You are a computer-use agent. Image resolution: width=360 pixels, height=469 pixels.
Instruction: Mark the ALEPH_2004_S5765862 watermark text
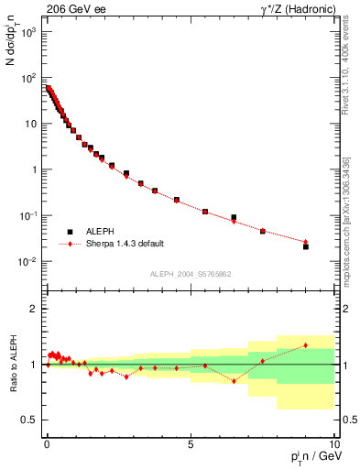pyautogui.click(x=190, y=274)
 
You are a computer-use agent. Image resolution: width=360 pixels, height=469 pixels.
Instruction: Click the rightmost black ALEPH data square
pyautogui.click(x=306, y=246)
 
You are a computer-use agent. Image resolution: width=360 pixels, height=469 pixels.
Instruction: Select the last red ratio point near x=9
pyautogui.click(x=306, y=345)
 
